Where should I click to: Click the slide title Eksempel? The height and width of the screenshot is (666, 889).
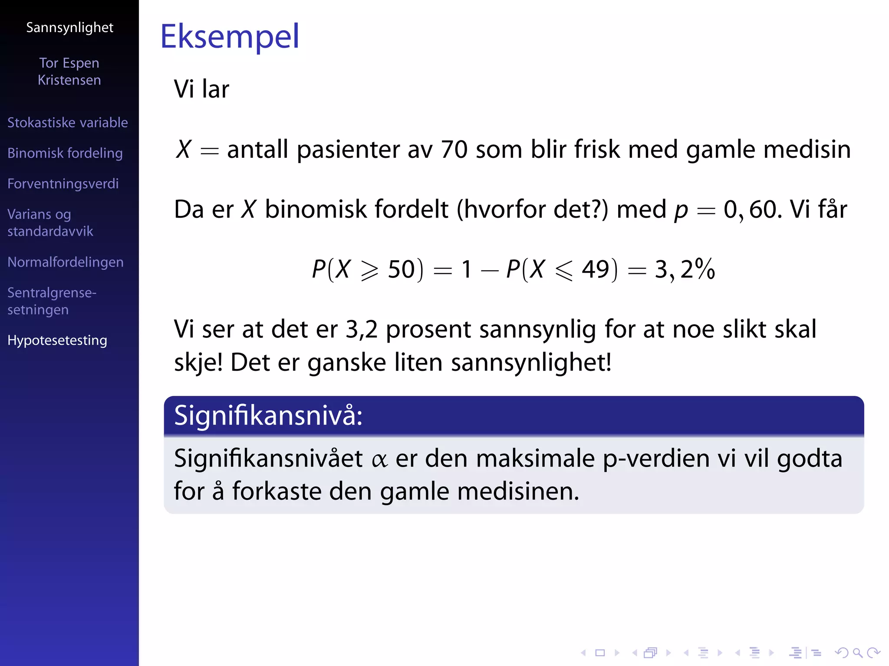coord(230,36)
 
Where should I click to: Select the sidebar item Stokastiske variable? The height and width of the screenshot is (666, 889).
coord(68,123)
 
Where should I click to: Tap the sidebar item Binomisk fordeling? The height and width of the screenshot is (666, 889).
coord(65,153)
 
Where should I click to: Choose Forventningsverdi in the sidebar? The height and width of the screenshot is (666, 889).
coord(63,184)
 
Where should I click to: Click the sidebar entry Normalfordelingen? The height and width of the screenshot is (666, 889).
coord(66,262)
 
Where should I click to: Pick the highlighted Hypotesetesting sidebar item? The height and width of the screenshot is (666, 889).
coord(57,340)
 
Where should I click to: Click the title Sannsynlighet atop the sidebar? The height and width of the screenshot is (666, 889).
coord(69,28)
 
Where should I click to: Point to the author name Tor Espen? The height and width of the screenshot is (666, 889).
coord(69,63)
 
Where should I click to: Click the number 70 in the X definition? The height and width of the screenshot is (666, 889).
coord(454,150)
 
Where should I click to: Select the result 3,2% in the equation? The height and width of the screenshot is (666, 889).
coord(685,269)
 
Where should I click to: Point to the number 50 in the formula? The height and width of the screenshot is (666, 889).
coord(402,269)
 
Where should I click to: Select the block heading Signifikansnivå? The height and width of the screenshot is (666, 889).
coord(268,416)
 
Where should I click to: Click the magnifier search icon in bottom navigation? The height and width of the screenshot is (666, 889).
coord(857,653)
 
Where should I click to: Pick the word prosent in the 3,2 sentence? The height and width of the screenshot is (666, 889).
coord(428,330)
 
